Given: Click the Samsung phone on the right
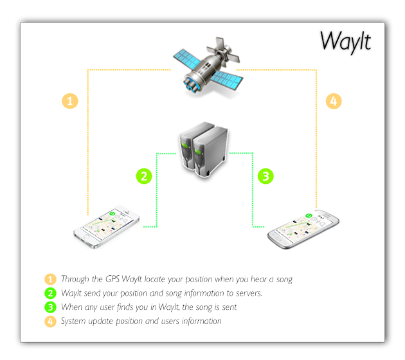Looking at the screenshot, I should coord(303,226).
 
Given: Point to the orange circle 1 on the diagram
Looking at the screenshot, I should coord(70,101).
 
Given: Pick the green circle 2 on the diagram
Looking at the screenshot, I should coord(145,174).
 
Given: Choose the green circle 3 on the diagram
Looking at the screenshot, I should coord(265,174).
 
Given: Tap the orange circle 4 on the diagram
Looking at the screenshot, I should coord(333,101).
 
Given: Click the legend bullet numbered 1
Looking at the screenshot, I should coord(50,279).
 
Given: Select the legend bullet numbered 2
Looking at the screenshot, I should coord(50,293).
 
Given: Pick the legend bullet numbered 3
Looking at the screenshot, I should coord(50,307).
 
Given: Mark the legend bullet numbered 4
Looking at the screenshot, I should coord(50,321).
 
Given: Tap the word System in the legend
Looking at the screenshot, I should coord(75,321).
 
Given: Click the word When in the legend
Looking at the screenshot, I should coord(73,307).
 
